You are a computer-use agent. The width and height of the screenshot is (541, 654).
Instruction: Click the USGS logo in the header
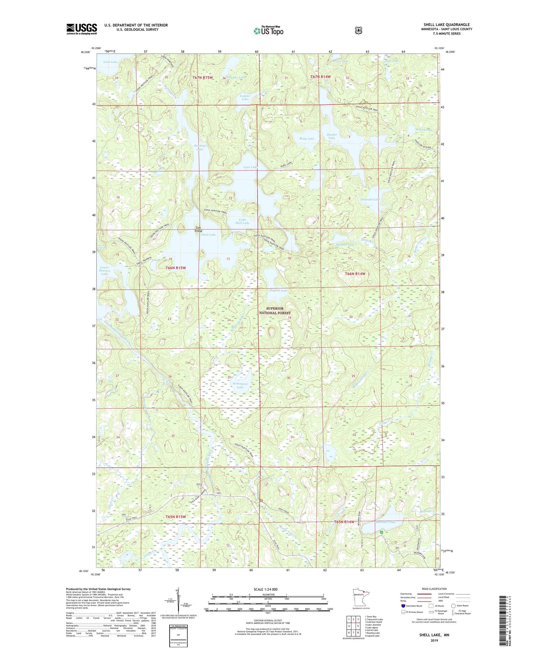pyautogui.click(x=82, y=29)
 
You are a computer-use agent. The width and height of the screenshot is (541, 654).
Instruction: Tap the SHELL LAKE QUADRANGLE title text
pyautogui.click(x=446, y=25)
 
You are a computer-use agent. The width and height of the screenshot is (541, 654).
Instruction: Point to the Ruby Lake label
pyautogui.click(x=307, y=139)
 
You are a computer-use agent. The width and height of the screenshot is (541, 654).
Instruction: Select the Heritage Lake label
pyautogui.click(x=200, y=147)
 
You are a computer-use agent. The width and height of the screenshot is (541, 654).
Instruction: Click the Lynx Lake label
pyautogui.click(x=250, y=167)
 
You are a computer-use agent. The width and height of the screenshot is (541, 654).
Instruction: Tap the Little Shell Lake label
pyautogui.click(x=242, y=221)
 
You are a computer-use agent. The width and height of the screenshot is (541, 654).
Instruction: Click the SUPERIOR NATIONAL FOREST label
pyautogui.click(x=275, y=311)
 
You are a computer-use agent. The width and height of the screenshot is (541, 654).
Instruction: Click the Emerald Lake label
pyautogui.click(x=370, y=200)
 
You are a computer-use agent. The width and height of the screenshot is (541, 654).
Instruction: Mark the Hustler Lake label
pyautogui.click(x=332, y=136)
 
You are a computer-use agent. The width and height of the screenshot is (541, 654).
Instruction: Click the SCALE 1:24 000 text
pyautogui.click(x=265, y=589)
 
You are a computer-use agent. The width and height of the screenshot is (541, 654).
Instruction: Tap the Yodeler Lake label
pyautogui.click(x=245, y=97)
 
